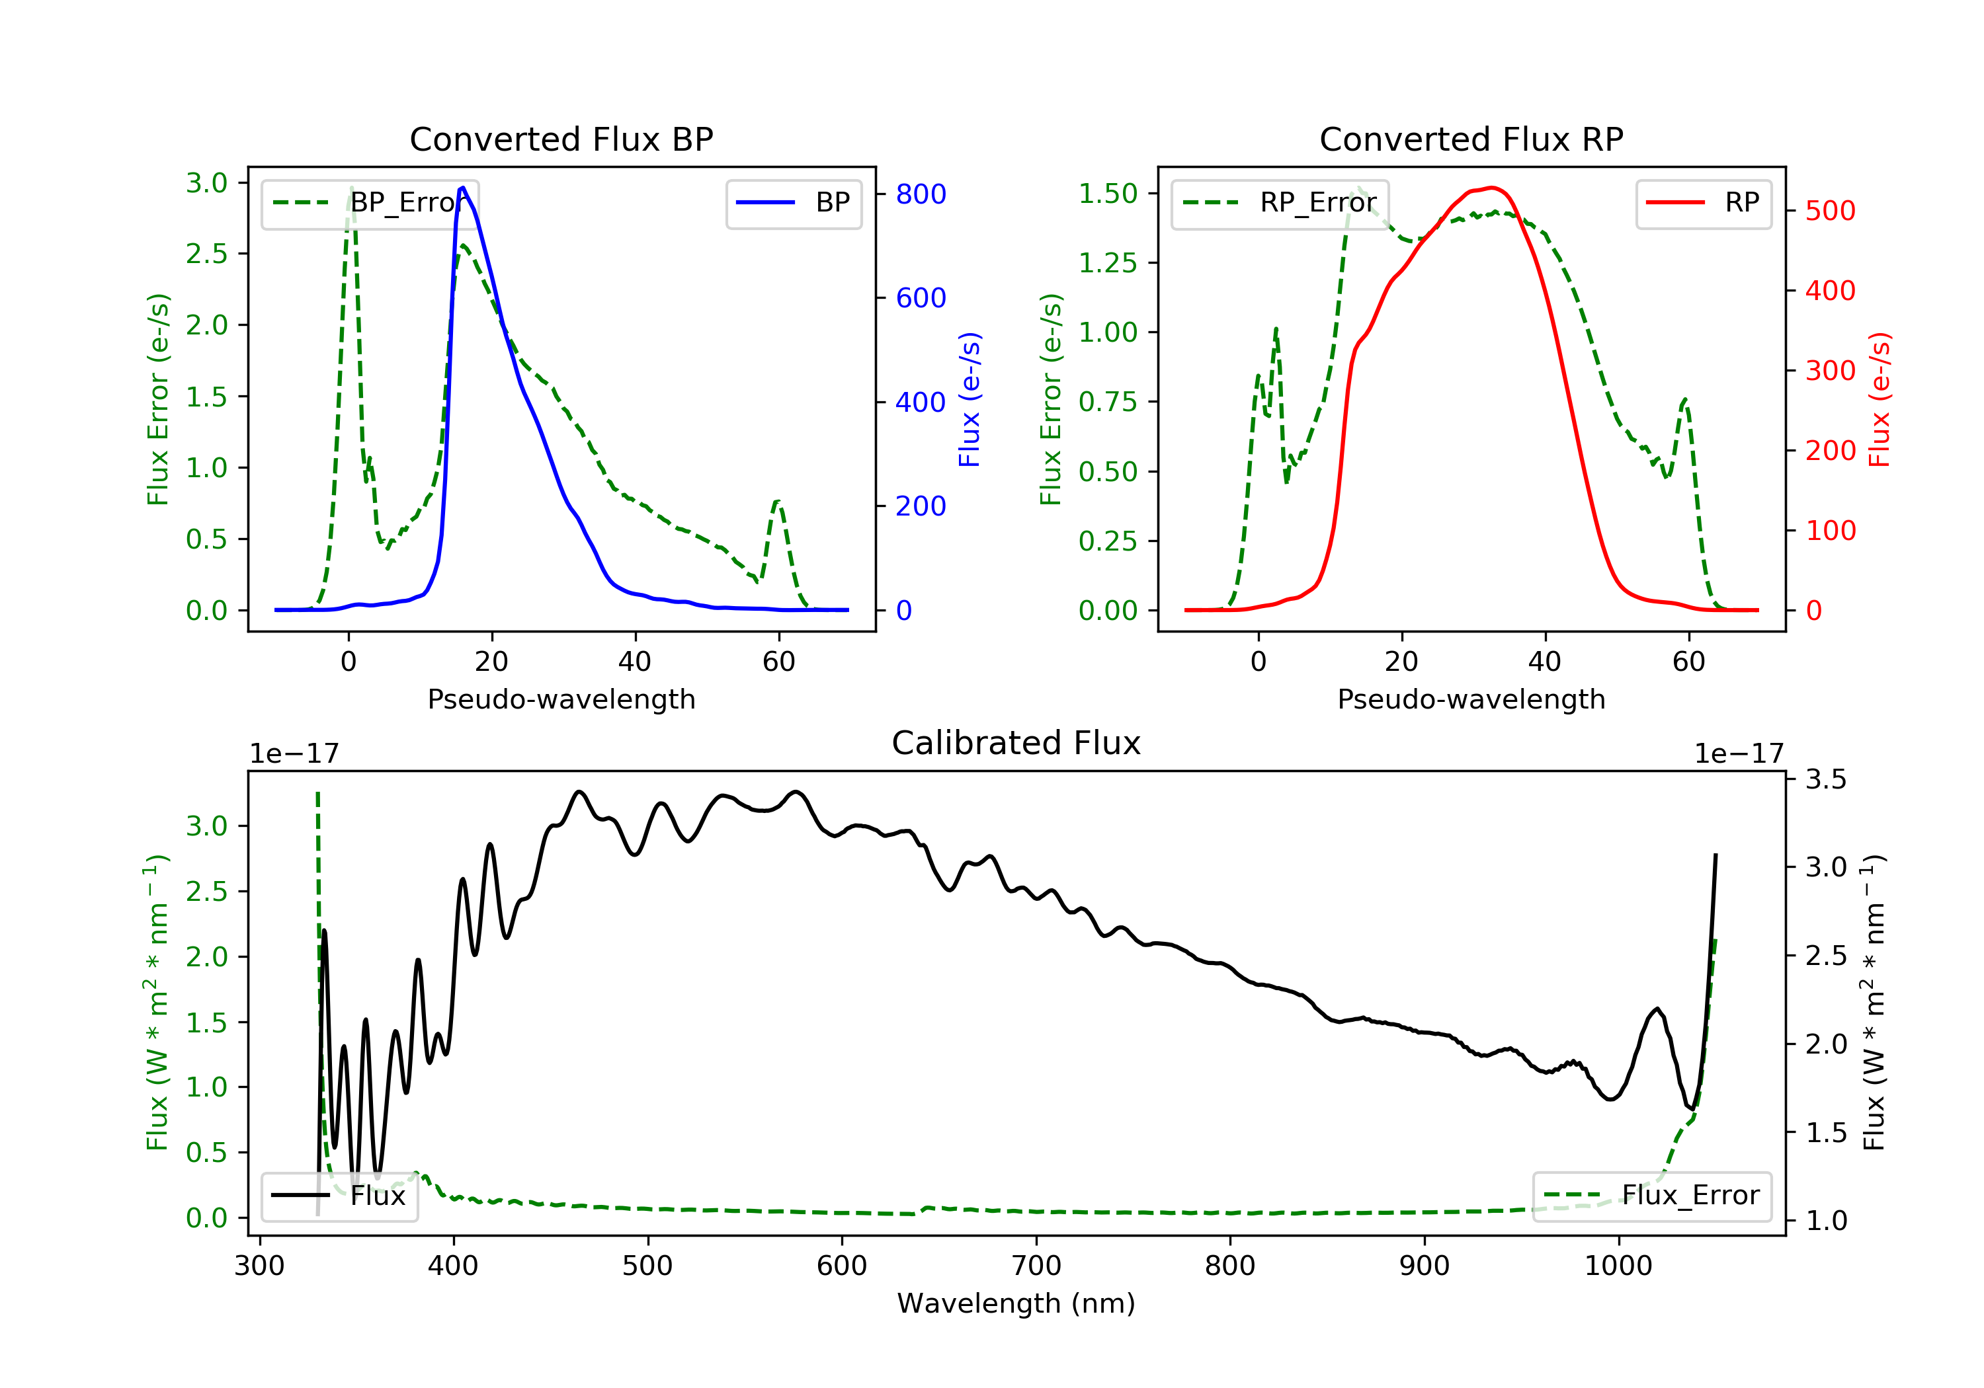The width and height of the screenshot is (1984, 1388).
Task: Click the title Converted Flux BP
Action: click(561, 139)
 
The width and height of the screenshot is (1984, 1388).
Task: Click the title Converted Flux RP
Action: click(1471, 139)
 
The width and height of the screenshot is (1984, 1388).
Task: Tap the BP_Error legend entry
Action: click(369, 203)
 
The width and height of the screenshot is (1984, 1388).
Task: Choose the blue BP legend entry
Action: click(793, 203)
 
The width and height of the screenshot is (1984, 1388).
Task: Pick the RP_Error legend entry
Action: click(1279, 203)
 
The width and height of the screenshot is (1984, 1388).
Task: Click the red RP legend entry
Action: click(1702, 203)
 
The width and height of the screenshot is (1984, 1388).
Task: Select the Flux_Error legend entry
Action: click(1651, 1196)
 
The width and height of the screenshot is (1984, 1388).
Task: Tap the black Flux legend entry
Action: click(339, 1196)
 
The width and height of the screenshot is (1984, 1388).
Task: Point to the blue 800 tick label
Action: click(921, 194)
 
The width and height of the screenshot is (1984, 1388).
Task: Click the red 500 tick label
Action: click(1830, 211)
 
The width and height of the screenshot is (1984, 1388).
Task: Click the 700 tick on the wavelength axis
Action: click(1036, 1266)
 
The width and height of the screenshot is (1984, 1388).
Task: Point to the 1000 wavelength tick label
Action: click(1618, 1266)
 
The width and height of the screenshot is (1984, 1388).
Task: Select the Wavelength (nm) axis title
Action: click(1016, 1303)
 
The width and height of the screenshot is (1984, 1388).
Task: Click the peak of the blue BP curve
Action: click(463, 188)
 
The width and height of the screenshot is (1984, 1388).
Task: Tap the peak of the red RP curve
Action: click(1493, 188)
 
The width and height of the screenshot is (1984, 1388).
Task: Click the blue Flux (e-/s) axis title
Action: click(970, 400)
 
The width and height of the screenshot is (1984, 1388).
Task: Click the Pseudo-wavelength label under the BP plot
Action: click(561, 699)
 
